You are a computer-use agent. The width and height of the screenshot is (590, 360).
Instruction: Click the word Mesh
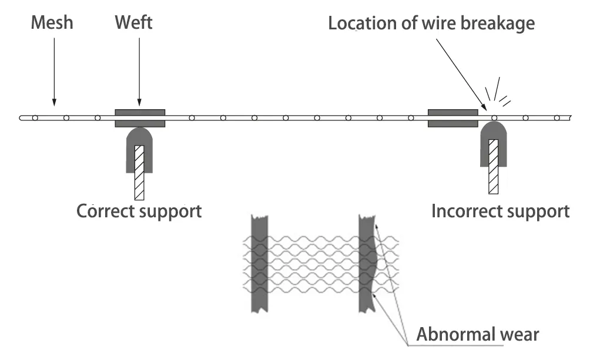(52, 24)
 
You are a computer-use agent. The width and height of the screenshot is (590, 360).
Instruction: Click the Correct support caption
(139, 210)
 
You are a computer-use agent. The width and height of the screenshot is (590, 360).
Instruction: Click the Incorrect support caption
(500, 210)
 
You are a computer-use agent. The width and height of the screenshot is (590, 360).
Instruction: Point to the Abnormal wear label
(477, 335)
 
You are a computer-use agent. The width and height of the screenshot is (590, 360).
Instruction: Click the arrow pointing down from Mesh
(53, 70)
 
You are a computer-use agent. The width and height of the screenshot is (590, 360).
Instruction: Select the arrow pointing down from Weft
(139, 70)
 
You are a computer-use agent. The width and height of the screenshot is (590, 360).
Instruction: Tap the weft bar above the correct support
(140, 118)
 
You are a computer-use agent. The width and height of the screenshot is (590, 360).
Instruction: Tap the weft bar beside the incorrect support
(452, 118)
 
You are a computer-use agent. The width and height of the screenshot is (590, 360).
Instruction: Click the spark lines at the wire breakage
(497, 94)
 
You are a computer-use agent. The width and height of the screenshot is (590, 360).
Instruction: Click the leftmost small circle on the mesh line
(35, 118)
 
